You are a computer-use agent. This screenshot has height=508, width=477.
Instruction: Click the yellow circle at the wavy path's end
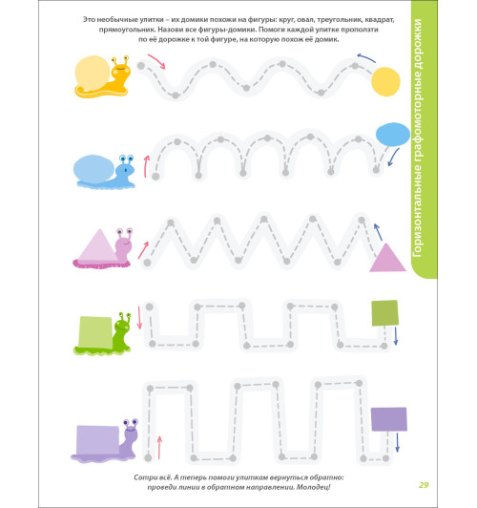[x=385, y=82]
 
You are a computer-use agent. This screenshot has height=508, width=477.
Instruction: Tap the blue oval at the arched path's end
[x=393, y=135]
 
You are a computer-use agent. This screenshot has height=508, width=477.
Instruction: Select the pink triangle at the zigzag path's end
[x=387, y=258]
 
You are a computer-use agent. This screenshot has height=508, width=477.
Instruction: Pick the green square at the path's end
[x=384, y=313]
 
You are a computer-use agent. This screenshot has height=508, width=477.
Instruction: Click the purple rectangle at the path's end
[x=389, y=419]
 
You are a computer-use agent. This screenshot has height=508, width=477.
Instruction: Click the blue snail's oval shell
[x=93, y=169]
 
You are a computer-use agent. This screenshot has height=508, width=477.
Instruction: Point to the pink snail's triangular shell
[x=98, y=245]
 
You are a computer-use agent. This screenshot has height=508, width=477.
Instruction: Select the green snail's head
[x=123, y=324]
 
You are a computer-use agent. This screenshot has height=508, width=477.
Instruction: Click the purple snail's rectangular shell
[x=98, y=440]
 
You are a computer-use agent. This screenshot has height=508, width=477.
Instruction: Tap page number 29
[x=424, y=485]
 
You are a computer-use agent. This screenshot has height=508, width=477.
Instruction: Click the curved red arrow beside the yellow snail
[x=157, y=60]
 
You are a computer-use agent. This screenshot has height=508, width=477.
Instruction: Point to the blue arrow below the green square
[x=396, y=336]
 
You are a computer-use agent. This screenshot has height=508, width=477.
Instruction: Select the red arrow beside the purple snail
[x=159, y=448]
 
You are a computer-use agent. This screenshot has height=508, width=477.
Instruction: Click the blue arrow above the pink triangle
[x=379, y=232]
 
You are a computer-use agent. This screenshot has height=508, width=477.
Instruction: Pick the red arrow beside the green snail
[x=140, y=317]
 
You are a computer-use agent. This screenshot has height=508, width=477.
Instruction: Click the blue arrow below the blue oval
[x=393, y=158]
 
